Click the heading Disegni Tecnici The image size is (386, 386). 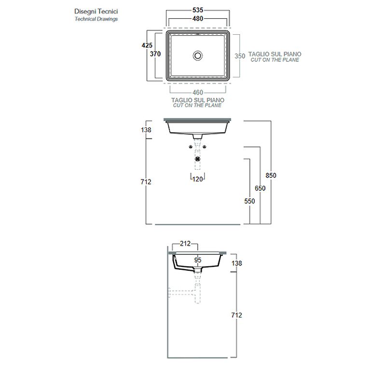coord(96,11)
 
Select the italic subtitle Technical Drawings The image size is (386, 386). coord(96,19)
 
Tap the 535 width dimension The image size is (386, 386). coord(198,9)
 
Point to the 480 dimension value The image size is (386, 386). coord(198,18)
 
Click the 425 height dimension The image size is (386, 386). coord(147,45)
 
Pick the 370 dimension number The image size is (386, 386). coord(155,54)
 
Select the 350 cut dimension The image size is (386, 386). coord(240,55)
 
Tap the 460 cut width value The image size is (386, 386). coord(198,92)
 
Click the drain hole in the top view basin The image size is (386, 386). coord(198,55)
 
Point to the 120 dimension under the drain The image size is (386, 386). coord(197,179)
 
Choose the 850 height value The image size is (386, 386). coord(271,175)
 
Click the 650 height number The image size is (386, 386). coord(260,188)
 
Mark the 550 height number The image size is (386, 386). coord(249,201)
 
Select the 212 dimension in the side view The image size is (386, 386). coord(186,244)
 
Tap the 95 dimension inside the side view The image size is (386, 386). coord(197,260)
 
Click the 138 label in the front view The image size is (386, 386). coord(147,130)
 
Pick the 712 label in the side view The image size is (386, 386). coord(236,315)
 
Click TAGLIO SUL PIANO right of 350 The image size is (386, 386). coord(275,54)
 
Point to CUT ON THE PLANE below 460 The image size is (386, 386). coord(198,105)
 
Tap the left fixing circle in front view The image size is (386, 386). coord(191,147)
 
